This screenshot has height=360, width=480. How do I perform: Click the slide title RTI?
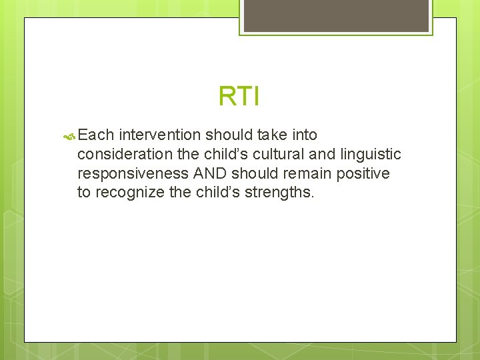[x=239, y=97]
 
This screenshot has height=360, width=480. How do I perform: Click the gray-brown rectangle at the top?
[x=336, y=15]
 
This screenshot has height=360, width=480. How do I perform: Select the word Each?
[x=96, y=135]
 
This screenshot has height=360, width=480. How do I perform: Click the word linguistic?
[x=371, y=155]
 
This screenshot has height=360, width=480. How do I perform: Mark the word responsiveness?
[x=133, y=173]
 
